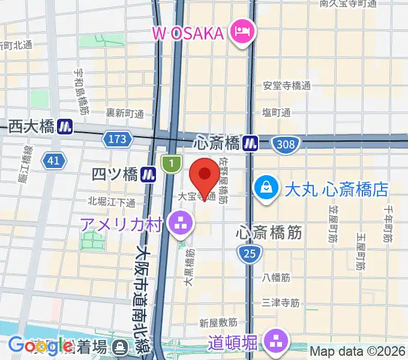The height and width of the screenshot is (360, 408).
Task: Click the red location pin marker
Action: (204, 176)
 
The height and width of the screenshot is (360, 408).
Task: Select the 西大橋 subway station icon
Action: (65, 127)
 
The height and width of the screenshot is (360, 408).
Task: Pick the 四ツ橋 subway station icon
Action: (149, 175)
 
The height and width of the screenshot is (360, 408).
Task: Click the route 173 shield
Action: (118, 139)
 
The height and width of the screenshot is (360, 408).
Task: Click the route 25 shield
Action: (250, 254)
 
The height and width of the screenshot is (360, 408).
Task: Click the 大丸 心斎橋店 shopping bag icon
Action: (265, 188)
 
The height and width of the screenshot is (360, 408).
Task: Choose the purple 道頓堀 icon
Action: (277, 343)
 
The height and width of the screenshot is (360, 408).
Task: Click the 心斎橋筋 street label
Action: (269, 232)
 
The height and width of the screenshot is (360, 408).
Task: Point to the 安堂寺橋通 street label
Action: (287, 86)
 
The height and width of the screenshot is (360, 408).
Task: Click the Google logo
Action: (41, 346)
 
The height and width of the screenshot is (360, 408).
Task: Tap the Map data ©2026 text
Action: (358, 351)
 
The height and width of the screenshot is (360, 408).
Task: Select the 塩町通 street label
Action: (277, 112)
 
